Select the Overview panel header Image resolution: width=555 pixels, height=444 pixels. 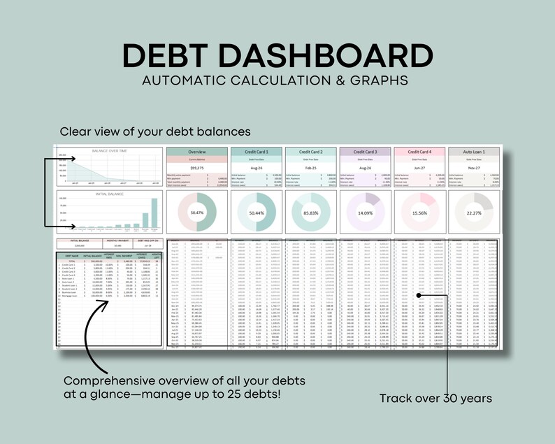[196, 152]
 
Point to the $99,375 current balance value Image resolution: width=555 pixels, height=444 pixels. [196, 169]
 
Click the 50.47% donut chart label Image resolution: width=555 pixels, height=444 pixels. [196, 213]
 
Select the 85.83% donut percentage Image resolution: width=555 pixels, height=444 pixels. [311, 213]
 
